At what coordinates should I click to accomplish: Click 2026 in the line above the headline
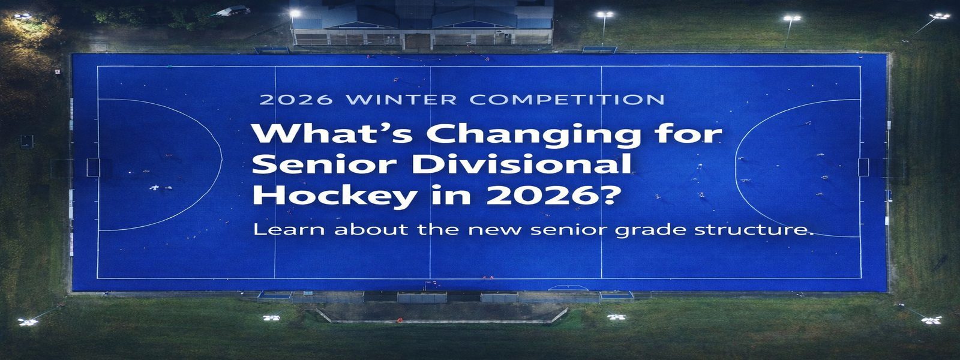pyautogui.click(x=296, y=100)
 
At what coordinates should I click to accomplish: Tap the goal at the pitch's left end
pyautogui.click(x=93, y=167)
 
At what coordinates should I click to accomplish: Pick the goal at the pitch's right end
pyautogui.click(x=863, y=167)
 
